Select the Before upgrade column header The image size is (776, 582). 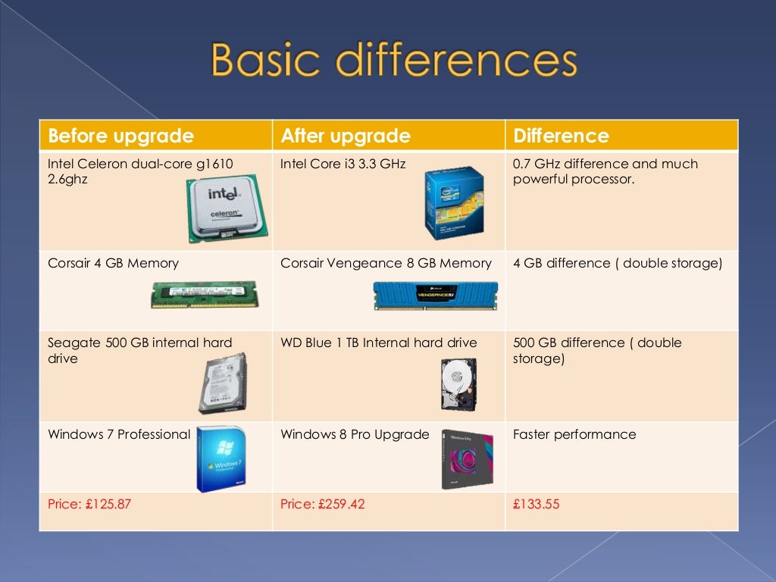pos(120,136)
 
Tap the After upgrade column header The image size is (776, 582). pos(345,136)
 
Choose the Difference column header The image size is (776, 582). pos(561,136)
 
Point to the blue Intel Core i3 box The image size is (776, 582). pos(454,203)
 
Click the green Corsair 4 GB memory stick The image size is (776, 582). pos(205,294)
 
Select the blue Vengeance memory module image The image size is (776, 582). pos(435,295)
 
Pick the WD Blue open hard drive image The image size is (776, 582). pos(457,383)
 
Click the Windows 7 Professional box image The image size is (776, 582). pos(221,459)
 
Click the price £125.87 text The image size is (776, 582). pos(89,503)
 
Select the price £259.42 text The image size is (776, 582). pos(322,503)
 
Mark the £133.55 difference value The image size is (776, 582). pos(536,503)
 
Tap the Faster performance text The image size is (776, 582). pos(574,434)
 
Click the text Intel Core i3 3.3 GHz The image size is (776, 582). pos(343,164)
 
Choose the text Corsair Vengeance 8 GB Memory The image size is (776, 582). pos(386,263)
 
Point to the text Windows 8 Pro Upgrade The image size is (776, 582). pos(355,434)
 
